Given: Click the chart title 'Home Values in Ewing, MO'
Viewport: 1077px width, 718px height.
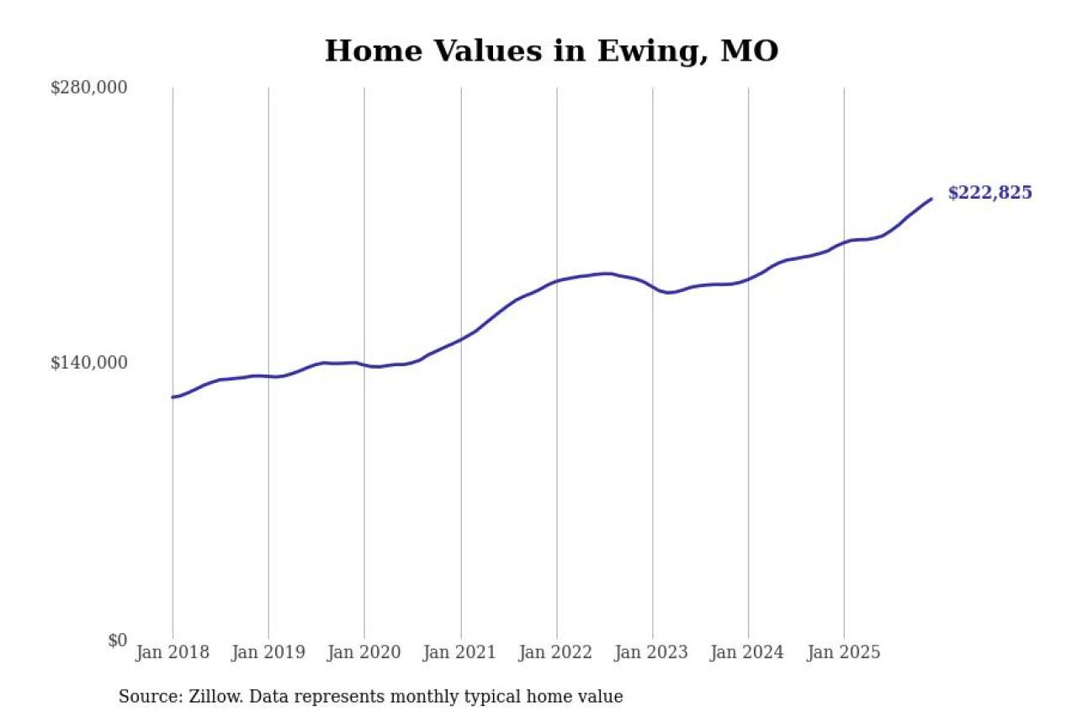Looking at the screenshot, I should tap(551, 51).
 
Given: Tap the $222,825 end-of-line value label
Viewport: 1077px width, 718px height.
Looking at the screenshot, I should tap(989, 193).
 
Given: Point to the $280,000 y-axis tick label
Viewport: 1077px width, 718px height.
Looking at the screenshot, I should tap(89, 88).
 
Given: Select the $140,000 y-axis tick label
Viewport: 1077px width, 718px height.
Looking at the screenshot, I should tap(89, 363).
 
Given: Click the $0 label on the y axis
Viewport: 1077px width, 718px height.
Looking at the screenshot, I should tap(117, 640).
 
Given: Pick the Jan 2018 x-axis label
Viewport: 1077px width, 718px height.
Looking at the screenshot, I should tap(172, 652).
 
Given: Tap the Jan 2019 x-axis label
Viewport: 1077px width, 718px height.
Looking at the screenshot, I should tap(268, 652).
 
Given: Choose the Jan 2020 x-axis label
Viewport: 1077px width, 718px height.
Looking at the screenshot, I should tap(364, 652).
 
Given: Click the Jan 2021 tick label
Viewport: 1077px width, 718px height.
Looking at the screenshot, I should tap(460, 652).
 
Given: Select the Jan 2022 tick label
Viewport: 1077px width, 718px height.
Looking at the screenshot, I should tap(556, 652).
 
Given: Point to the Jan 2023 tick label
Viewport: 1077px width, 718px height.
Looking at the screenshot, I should tap(652, 652).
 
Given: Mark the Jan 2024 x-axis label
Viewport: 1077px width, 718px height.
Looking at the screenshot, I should tap(748, 652).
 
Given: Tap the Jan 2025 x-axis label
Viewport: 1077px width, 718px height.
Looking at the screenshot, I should tap(844, 652).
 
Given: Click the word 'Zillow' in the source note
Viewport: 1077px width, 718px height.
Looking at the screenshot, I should tap(210, 697).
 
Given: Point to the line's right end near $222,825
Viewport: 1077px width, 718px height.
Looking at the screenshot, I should tap(931, 199).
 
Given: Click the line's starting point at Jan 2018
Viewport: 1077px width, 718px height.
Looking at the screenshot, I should tap(172, 397).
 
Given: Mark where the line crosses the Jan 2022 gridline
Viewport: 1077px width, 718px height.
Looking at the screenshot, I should tap(556, 280).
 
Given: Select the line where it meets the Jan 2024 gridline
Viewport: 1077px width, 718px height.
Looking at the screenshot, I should tap(748, 279).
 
